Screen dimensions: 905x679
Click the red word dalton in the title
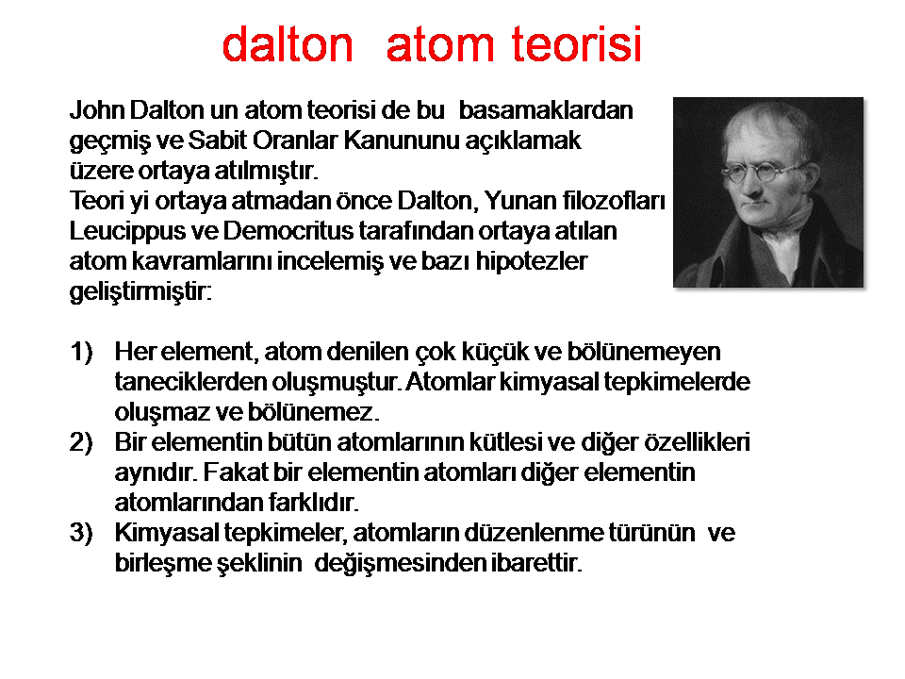288,44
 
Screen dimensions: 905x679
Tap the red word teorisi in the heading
577,44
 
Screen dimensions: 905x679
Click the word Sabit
217,140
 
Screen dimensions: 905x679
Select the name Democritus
288,230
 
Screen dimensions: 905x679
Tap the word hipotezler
531,261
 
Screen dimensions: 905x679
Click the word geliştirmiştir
140,291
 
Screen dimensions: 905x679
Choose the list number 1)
81,352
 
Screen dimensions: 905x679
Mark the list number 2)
81,443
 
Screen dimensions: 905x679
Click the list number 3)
81,533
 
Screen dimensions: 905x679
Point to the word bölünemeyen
644,352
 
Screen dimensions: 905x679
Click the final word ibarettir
536,562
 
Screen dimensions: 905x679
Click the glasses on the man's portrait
761,172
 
